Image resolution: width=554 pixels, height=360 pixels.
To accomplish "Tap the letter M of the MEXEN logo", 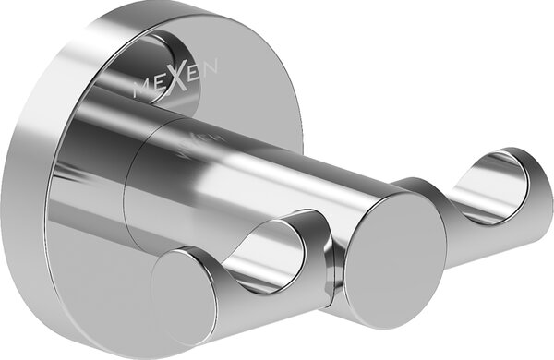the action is [141, 89].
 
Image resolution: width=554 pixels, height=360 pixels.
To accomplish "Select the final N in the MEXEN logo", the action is [210, 66].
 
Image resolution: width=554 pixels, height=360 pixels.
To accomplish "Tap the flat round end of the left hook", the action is [181, 296].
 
